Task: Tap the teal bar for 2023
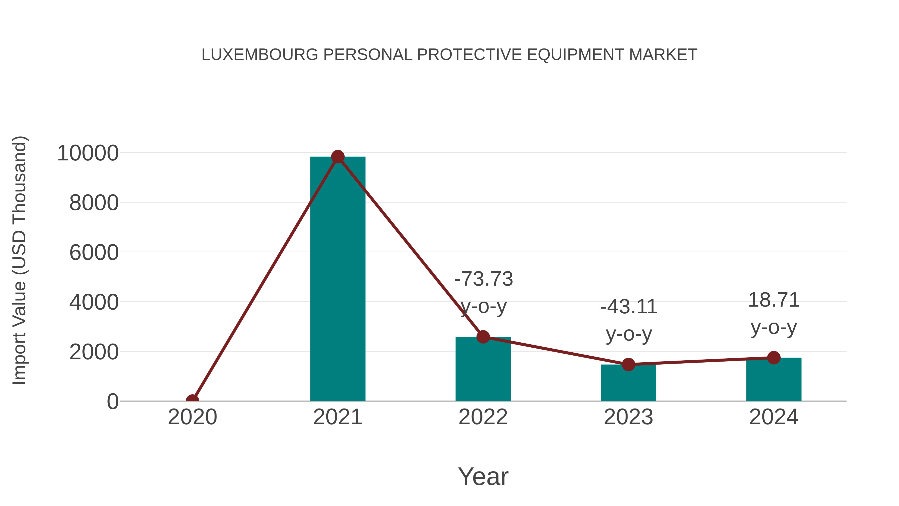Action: (x=628, y=384)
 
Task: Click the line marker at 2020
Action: (x=192, y=400)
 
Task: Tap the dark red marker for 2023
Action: (x=628, y=364)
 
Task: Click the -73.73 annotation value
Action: (x=483, y=279)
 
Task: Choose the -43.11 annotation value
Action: (x=629, y=307)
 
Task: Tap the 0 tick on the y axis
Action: (x=112, y=402)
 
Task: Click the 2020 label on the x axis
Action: (x=192, y=417)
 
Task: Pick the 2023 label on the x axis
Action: (x=628, y=417)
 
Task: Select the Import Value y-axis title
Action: (x=19, y=260)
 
